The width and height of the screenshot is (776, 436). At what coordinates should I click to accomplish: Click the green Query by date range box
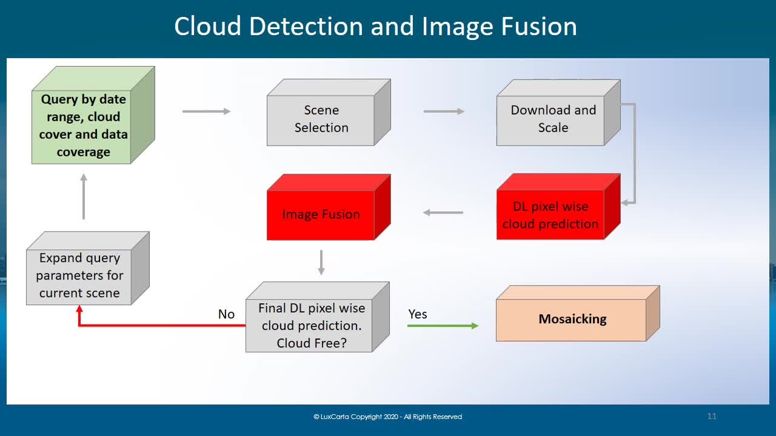[x=93, y=115]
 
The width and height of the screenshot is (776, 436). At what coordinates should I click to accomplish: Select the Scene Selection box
[x=329, y=112]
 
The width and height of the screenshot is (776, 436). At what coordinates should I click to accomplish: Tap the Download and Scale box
[x=558, y=113]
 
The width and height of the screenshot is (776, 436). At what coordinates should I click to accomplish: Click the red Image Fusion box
[x=329, y=207]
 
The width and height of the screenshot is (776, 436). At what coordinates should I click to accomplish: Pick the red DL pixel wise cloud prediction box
[x=558, y=207]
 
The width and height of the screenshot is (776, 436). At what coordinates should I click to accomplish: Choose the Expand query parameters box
[x=88, y=268]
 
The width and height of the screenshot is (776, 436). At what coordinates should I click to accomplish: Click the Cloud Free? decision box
[x=318, y=317]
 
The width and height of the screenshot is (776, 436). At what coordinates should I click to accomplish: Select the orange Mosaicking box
[x=578, y=314]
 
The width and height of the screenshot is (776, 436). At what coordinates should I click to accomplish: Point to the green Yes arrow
[x=443, y=326]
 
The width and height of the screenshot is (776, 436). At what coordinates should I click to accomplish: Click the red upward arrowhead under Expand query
[x=79, y=309]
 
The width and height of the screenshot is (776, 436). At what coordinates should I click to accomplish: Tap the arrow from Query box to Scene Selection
[x=207, y=111]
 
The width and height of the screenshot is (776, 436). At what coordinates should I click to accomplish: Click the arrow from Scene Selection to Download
[x=444, y=111]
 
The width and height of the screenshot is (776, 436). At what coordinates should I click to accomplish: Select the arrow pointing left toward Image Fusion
[x=443, y=212]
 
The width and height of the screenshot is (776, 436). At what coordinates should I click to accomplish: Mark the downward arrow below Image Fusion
[x=321, y=263]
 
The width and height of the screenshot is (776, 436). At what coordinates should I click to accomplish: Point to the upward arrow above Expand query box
[x=84, y=196]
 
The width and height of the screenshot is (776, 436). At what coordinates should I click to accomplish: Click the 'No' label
[x=226, y=314]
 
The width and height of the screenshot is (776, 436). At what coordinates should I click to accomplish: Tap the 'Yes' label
[x=418, y=314]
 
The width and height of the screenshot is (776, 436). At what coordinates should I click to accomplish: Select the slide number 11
[x=712, y=416]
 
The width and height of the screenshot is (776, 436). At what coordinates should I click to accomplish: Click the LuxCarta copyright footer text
[x=387, y=417]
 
